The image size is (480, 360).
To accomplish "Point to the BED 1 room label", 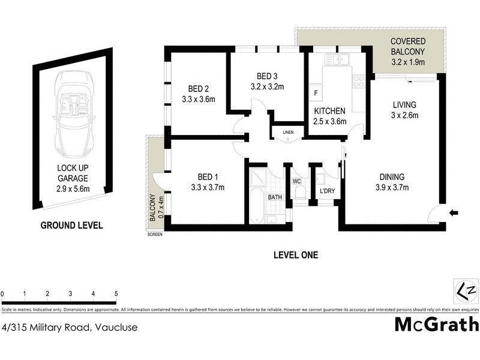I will coord(207,182).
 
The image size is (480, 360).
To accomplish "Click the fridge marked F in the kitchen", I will coord(315,94).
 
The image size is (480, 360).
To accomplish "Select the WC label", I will coord(296,180).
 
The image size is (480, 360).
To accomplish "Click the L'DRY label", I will coord(327,191).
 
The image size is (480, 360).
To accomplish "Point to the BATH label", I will coord(275,196).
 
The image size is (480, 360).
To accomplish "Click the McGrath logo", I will coord(436,325).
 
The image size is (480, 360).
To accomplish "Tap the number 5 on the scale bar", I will coord(116,293).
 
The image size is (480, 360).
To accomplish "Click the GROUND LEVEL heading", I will coord(71,226).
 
